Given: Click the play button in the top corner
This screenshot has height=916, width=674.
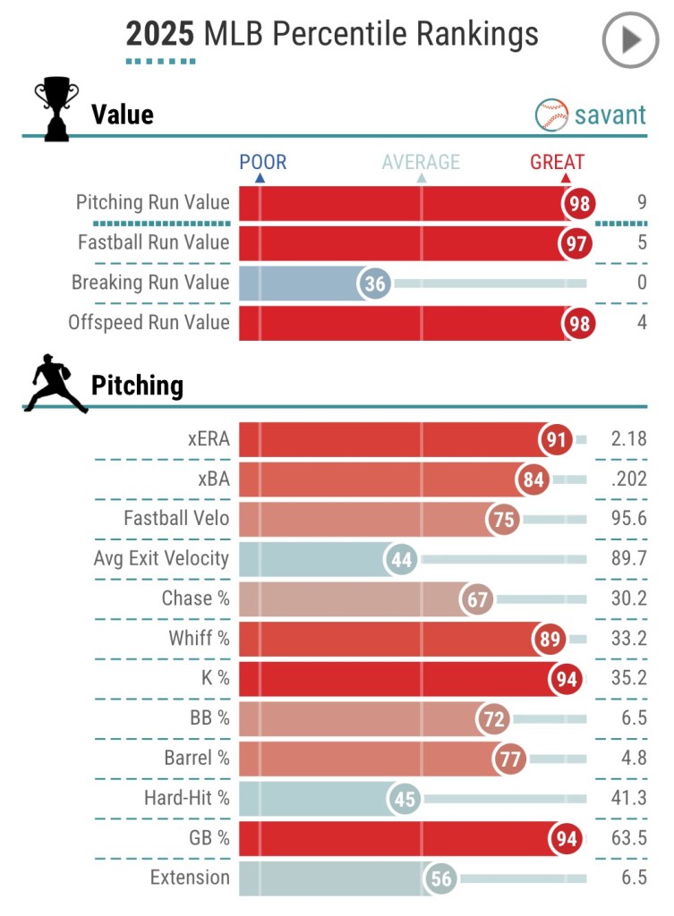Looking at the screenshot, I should point(630,39).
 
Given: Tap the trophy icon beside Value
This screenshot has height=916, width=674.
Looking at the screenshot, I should point(55,109).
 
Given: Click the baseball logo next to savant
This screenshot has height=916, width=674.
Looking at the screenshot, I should point(552,115).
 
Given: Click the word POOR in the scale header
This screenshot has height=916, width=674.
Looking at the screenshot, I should point(262,162).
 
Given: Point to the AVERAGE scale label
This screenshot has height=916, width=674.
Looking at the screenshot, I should point(421,162).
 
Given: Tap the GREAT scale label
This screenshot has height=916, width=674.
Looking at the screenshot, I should point(557,162).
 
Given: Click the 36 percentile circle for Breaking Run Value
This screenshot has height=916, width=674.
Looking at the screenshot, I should point(374,284).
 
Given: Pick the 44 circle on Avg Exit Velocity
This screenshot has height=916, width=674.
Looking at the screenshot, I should point(402,560).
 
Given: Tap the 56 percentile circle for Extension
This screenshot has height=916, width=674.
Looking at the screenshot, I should point(441,878).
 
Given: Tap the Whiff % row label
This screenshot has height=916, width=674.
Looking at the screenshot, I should point(199,639).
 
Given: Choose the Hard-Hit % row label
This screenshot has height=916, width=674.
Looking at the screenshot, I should point(186,798).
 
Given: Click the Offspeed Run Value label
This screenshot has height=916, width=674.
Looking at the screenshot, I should point(149,322).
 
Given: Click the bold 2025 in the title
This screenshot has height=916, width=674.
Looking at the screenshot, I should point(159,34).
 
